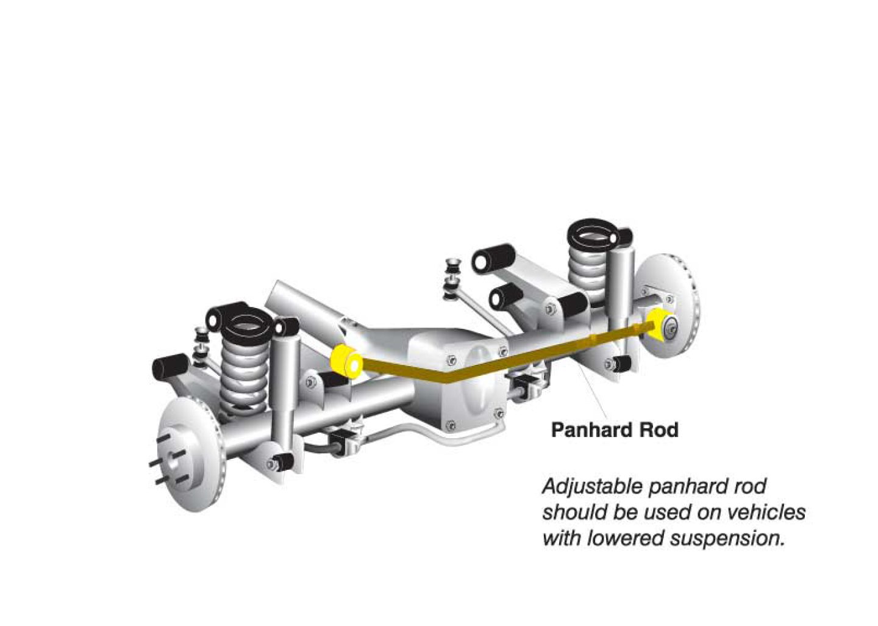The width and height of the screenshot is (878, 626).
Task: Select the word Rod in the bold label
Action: pos(659,430)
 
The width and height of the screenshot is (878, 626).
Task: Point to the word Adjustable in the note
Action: pos(593,487)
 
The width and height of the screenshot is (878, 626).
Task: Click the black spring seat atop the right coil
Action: pos(593,234)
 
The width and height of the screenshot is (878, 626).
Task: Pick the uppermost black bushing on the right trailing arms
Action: pos(493,259)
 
